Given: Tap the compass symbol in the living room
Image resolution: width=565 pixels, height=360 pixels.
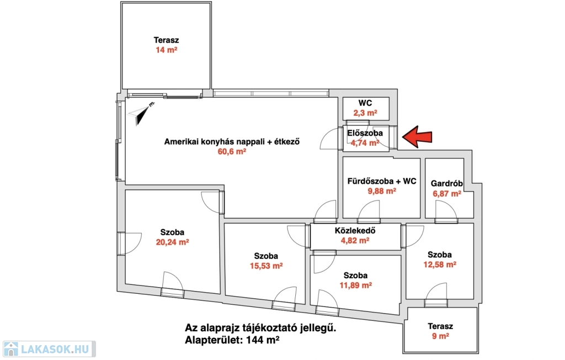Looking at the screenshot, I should tap(142, 113).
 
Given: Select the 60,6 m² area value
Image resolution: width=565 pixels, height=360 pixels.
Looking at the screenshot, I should tap(232, 152).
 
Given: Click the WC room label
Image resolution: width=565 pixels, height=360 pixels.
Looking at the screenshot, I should tap(365, 103).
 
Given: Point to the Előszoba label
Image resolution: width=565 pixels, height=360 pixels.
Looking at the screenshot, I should tap(365, 133).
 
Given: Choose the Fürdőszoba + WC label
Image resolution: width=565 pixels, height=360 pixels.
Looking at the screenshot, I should tap(381, 181).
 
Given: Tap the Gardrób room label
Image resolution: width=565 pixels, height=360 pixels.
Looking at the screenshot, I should tap(447, 184).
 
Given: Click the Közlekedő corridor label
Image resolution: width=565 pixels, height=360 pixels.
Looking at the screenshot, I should tap(355, 231).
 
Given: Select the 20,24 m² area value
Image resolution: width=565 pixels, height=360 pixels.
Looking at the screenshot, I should tap(173, 242).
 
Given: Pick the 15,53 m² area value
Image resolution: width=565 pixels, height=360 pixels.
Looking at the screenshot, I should tap(266, 266).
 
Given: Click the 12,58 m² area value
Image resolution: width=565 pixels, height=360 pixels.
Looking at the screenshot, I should tap(440, 264).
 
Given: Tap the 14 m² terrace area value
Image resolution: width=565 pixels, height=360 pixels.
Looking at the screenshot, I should tap(166, 50).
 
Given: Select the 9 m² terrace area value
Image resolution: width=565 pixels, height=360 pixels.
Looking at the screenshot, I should tap(440, 336).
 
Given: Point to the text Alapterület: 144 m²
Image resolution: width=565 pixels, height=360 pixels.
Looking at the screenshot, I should tap(232, 341).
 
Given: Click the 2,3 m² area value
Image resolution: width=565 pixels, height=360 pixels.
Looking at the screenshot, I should tap(365, 113).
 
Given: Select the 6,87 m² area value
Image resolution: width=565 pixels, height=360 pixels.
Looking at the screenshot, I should tap(447, 194).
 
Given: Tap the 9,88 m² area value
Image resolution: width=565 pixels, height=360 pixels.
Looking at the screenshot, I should tap(381, 191).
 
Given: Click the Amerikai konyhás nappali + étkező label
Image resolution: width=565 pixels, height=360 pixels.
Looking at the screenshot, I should tap(232, 142).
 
